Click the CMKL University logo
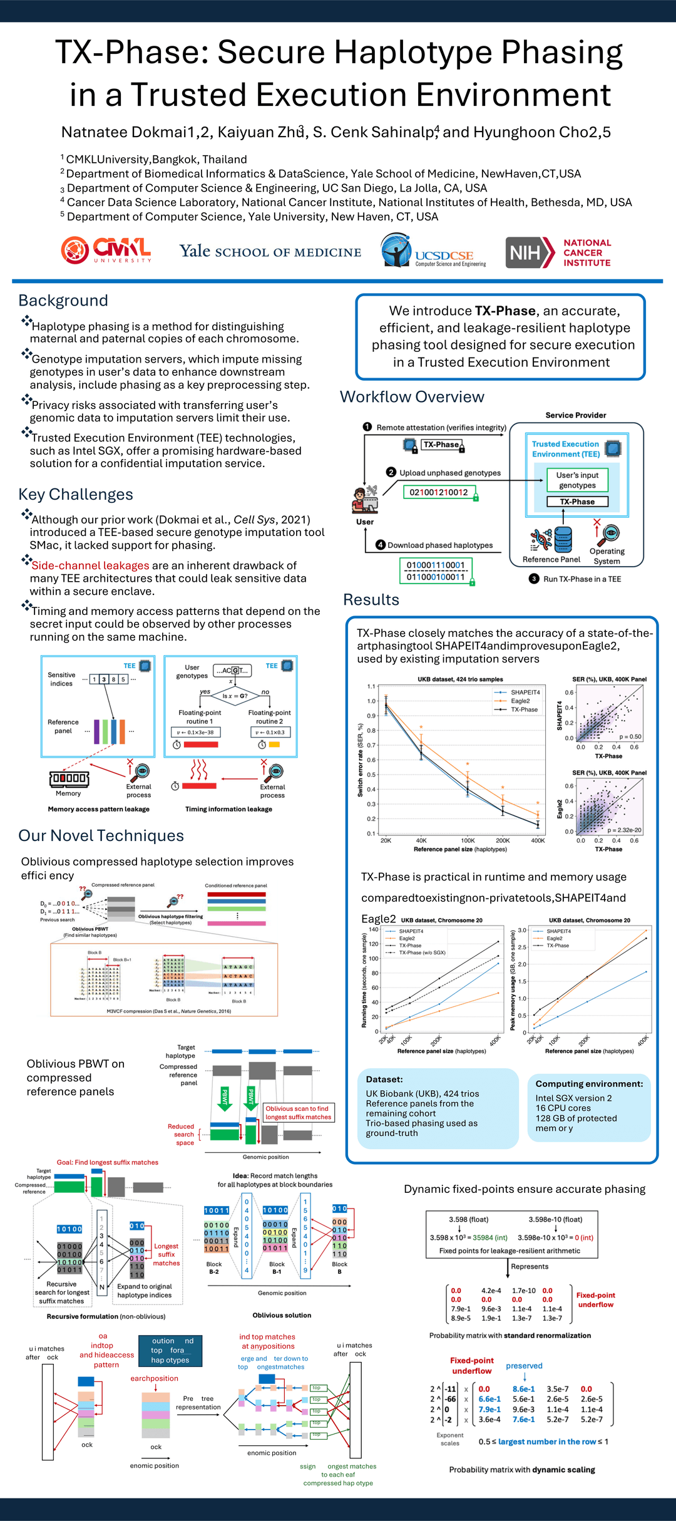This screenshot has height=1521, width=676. coord(106,250)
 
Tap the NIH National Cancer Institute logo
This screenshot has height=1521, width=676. coord(558,252)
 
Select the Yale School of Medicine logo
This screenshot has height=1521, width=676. coord(270,252)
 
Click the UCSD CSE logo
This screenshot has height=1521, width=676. coord(433,251)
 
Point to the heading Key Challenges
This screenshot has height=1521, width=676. coord(76,495)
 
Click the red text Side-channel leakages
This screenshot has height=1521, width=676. coord(90,565)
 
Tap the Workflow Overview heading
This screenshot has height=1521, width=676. coord(412,397)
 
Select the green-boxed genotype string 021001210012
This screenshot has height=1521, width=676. coord(439,492)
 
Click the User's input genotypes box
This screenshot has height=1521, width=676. coord(577,480)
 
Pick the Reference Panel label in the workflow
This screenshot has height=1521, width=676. coord(551,559)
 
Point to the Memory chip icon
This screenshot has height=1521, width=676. coord(69,778)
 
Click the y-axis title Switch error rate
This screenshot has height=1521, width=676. coord(361,760)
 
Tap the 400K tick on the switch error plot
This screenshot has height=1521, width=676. coord(538,840)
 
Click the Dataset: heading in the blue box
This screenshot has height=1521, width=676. coord(384,1080)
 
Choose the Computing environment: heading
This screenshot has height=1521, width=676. coord(589,1084)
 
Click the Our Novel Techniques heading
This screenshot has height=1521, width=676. coord(101,836)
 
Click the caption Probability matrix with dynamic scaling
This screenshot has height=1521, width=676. coord(522,1470)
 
